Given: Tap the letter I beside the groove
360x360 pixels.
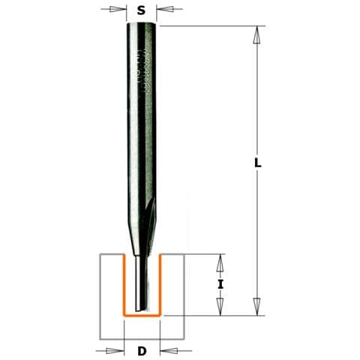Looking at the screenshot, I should tap(220, 285).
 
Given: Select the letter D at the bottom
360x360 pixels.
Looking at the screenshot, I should tap(141, 349).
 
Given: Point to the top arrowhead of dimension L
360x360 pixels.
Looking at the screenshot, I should tap(257, 34).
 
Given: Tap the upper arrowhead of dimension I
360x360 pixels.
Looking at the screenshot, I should tap(220, 263).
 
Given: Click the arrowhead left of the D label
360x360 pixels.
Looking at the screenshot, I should tap(117, 349).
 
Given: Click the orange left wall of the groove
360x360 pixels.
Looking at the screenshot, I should tap(124, 285).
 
